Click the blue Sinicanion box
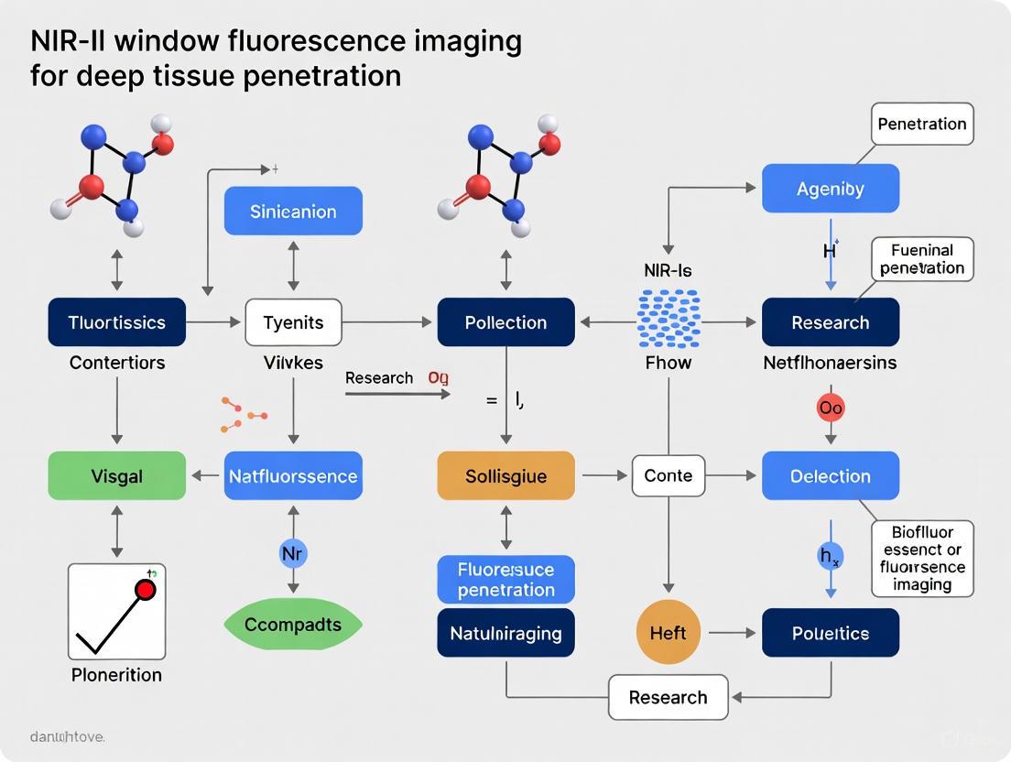[x=293, y=212]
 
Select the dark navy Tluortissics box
[x=116, y=322]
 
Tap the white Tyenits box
[x=293, y=322]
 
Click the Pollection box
[x=505, y=322]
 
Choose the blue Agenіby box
[x=830, y=189]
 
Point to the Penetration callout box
[x=921, y=124]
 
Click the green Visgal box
[x=116, y=476]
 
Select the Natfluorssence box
[x=293, y=476]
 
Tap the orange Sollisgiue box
[x=505, y=476]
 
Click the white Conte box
[x=669, y=476]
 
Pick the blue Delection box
[x=830, y=476]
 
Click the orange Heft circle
[x=669, y=633]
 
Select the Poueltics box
[x=830, y=633]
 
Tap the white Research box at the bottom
[x=669, y=698]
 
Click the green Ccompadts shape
[x=293, y=625]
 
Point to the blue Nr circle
[x=293, y=553]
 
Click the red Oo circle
[x=831, y=408]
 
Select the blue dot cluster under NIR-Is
[x=669, y=320]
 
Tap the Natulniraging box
[x=505, y=633]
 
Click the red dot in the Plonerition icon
[x=146, y=589]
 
